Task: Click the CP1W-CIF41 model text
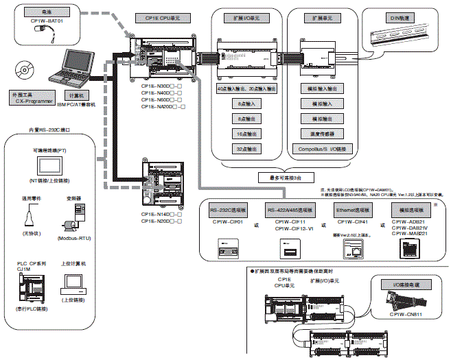(353, 221)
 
